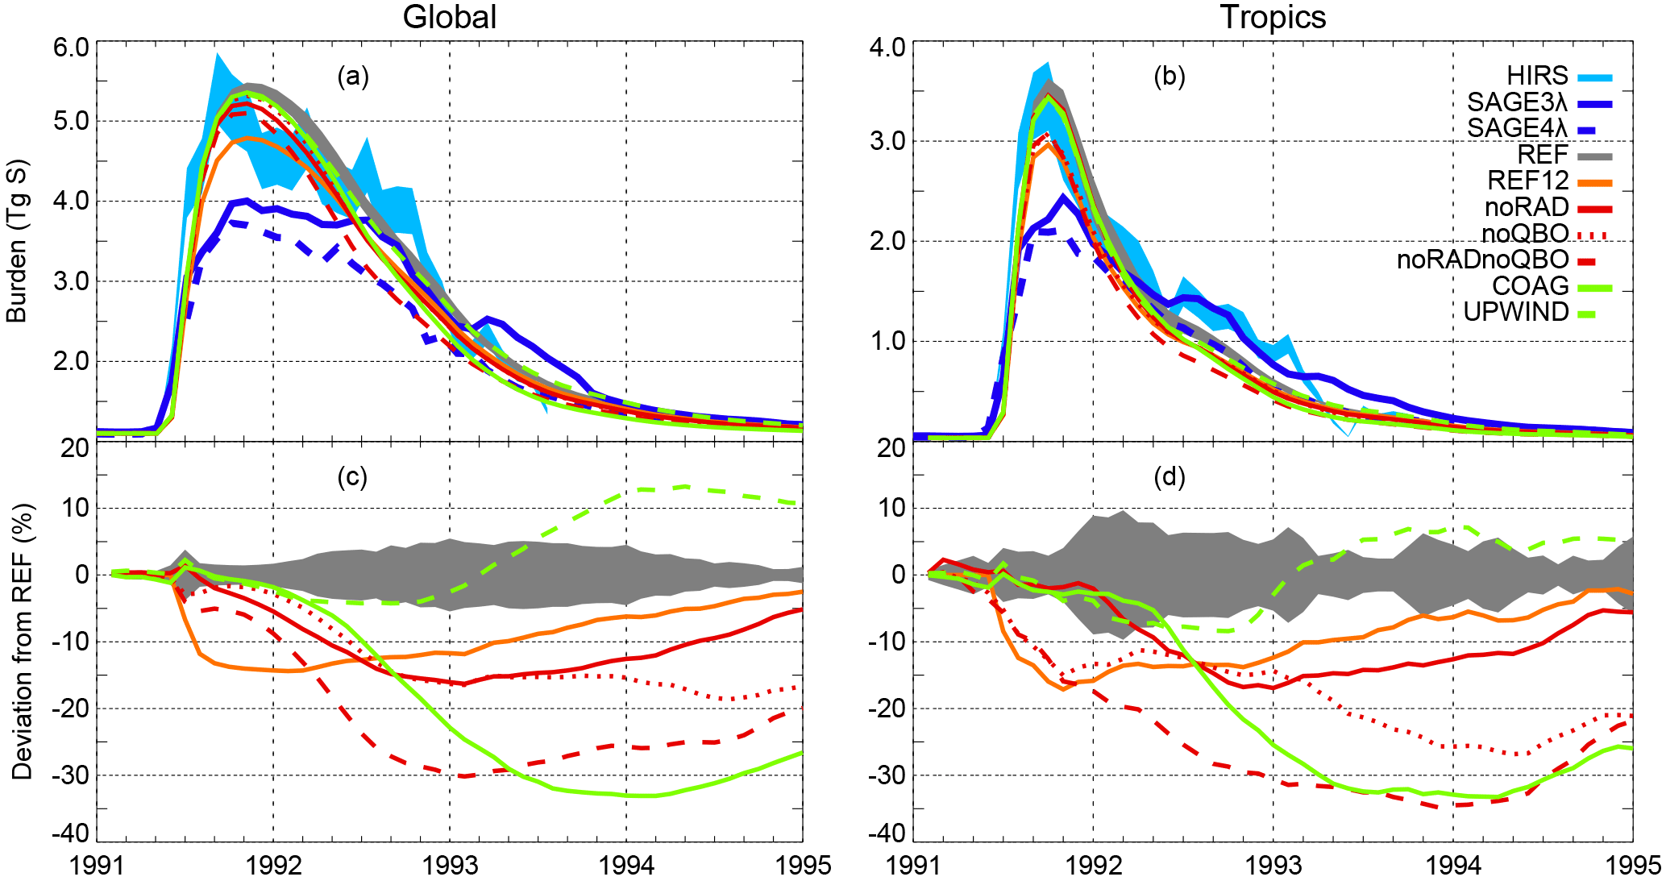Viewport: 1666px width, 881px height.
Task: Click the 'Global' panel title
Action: click(x=449, y=17)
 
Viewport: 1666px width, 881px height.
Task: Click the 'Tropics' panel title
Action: click(x=1273, y=17)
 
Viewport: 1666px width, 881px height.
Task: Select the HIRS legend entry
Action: click(x=1537, y=76)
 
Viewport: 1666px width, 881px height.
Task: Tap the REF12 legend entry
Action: click(x=1527, y=181)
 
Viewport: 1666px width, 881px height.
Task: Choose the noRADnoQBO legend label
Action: click(x=1482, y=260)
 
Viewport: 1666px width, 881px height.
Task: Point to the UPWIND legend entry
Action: click(x=1515, y=312)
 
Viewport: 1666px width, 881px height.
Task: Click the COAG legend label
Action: click(x=1530, y=285)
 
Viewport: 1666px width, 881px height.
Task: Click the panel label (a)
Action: click(x=353, y=77)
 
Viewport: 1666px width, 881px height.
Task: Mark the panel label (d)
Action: click(x=1170, y=477)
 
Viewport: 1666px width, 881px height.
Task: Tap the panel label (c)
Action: click(x=353, y=477)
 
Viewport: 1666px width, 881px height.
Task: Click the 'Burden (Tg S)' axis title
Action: click(x=17, y=242)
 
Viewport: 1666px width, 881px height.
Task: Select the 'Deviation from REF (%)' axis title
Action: click(x=22, y=642)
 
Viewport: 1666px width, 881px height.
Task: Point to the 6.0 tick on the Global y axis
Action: click(x=71, y=46)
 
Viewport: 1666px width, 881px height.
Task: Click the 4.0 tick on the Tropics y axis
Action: click(x=887, y=46)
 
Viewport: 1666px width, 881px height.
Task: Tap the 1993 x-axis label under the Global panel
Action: click(x=450, y=866)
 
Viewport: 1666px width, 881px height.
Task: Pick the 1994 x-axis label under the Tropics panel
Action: click(x=1453, y=866)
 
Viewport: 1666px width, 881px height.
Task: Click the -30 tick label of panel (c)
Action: click(x=71, y=775)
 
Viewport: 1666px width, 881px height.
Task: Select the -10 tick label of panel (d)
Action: click(x=887, y=642)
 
